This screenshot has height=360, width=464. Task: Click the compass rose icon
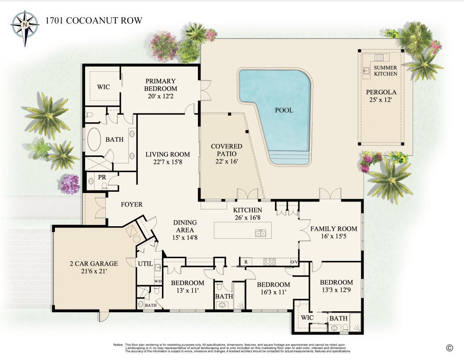tap(25, 26)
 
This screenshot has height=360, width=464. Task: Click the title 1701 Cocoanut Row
tap(93, 21)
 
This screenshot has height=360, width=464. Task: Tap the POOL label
tap(284, 110)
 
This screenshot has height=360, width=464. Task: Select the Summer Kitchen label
tap(385, 70)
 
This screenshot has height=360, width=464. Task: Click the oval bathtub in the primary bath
tap(94, 140)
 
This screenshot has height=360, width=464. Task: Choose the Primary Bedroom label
tap(160, 85)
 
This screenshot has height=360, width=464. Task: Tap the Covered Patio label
tap(226, 150)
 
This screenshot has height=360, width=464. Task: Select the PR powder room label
tap(102, 177)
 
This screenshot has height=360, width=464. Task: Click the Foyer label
tap(131, 205)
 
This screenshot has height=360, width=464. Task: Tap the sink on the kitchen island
tap(260, 233)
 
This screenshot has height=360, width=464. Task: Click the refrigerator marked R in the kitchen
tap(245, 262)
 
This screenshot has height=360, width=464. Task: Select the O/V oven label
tap(294, 262)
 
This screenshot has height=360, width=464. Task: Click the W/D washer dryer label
tap(158, 281)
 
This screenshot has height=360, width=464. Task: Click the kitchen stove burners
tap(270, 262)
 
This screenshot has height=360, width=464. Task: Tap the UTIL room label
tap(145, 263)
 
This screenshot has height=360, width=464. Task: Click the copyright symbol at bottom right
tap(449, 348)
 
